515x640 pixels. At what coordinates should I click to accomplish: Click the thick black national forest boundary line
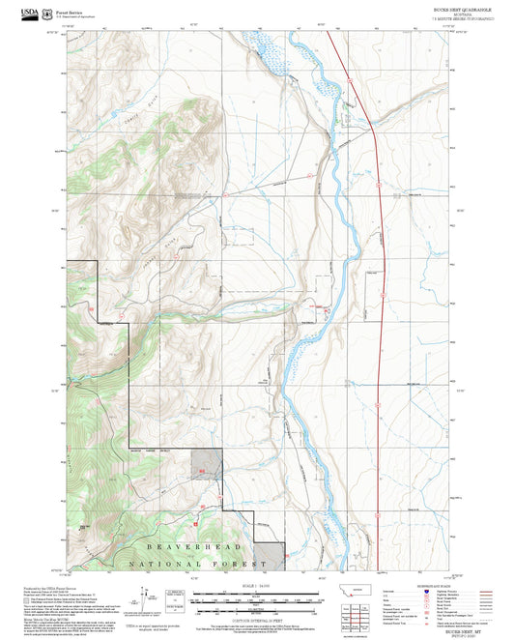click(129, 387)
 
